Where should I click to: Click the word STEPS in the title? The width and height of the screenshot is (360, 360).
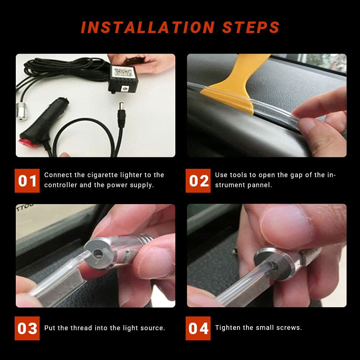[x=251, y=28]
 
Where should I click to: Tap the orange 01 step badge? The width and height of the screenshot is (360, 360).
[x=27, y=181]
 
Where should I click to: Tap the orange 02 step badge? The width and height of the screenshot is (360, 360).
[x=198, y=181]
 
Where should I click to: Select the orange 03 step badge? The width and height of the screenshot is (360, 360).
[x=27, y=328]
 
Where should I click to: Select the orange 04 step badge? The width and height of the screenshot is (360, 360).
[x=198, y=328]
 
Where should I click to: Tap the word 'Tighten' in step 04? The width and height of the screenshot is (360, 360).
[x=227, y=328]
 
